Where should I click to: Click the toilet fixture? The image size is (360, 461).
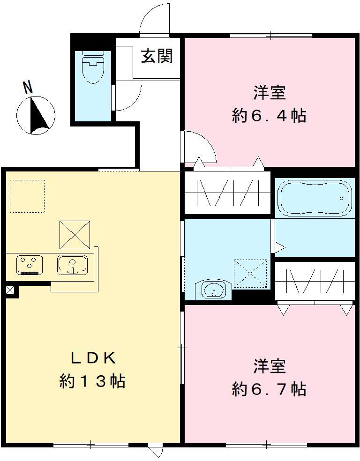[x=92, y=67]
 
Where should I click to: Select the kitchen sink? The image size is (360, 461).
[x=72, y=265]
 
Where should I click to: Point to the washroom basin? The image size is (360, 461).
[x=214, y=289]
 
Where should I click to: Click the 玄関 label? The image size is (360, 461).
[x=157, y=56]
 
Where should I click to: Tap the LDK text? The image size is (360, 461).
[x=93, y=358]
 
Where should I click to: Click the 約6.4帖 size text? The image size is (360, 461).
[x=269, y=115]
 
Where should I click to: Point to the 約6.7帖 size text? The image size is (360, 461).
[x=269, y=389]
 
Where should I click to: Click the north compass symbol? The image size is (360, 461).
[x=36, y=115]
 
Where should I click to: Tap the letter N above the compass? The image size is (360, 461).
[x=28, y=87]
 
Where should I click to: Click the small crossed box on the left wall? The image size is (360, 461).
[x=10, y=290]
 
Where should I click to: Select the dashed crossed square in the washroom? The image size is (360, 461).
[x=250, y=273]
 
